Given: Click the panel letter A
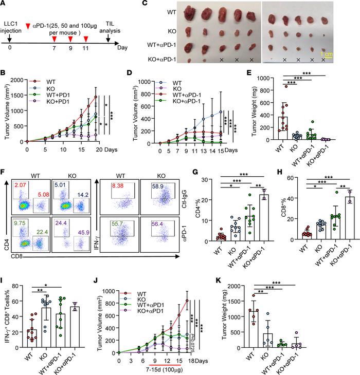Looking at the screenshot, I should tap(4, 4).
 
